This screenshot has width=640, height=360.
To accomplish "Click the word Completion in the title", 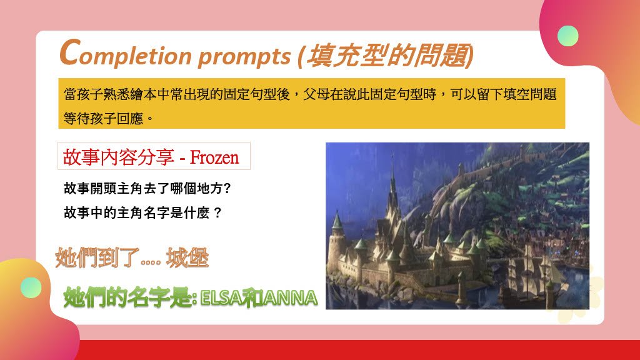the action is [x=125, y=54].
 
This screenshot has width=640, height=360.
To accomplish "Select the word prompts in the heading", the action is [x=244, y=56].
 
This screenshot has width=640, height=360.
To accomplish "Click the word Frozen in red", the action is [x=214, y=157].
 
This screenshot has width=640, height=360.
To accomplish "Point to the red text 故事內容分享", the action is [x=118, y=157].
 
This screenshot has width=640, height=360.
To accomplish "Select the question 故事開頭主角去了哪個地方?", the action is [x=147, y=188].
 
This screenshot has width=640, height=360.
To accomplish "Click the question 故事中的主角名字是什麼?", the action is [x=142, y=212].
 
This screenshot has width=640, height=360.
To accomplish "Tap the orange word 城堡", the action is [x=187, y=257].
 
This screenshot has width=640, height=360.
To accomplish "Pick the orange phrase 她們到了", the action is [x=97, y=257].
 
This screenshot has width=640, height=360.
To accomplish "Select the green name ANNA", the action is [x=290, y=298].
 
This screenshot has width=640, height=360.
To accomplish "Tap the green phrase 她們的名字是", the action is [x=127, y=297].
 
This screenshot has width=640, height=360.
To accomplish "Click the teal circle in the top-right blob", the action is [x=567, y=36].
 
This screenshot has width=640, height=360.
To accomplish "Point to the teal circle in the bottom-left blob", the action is [x=31, y=287].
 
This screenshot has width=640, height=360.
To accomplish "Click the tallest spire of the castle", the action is [x=392, y=184].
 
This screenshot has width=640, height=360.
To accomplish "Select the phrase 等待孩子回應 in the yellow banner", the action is [x=103, y=119].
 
